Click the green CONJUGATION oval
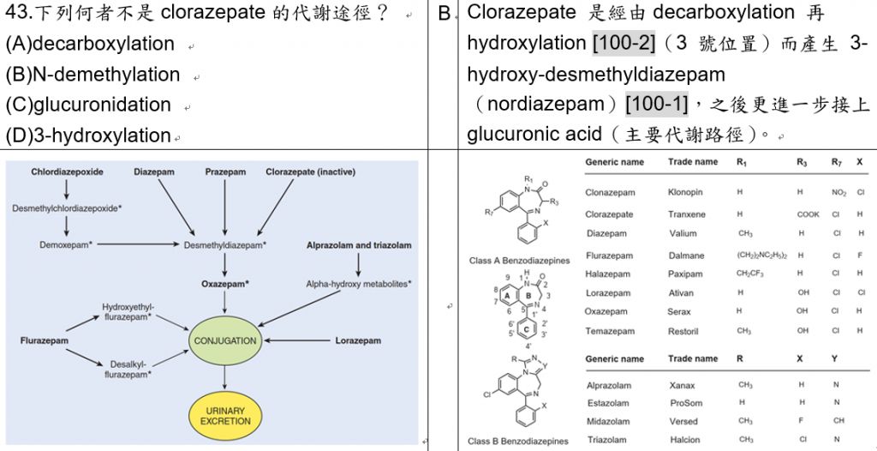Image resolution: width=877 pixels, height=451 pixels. pos(225,340)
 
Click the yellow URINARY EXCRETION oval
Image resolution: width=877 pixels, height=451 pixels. pos(225,416)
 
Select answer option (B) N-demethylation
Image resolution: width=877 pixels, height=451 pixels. pos(93,75)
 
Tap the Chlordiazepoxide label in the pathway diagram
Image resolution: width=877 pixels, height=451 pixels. pos(67,172)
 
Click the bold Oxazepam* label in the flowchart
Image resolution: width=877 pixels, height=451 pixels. pos(225,283)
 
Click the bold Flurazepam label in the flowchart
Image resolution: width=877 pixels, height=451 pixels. pos(44,340)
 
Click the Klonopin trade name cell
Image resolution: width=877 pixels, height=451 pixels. pos(686,193)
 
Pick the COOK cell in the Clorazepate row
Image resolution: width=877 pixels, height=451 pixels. pos(808,214)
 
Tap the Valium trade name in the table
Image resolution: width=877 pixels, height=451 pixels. pos(683,233)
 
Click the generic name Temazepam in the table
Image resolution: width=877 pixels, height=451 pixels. pos(610,331)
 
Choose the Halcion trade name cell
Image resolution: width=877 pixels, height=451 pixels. pos(685,440)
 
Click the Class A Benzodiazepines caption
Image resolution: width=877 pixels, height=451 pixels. pos(519,259)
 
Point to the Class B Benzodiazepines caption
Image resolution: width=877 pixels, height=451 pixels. pos(518,442)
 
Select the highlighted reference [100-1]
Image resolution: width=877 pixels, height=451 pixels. pos(657,105)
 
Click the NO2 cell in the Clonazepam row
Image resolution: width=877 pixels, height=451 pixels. pos(838,193)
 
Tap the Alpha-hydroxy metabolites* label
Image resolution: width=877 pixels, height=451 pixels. pos(359,283)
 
